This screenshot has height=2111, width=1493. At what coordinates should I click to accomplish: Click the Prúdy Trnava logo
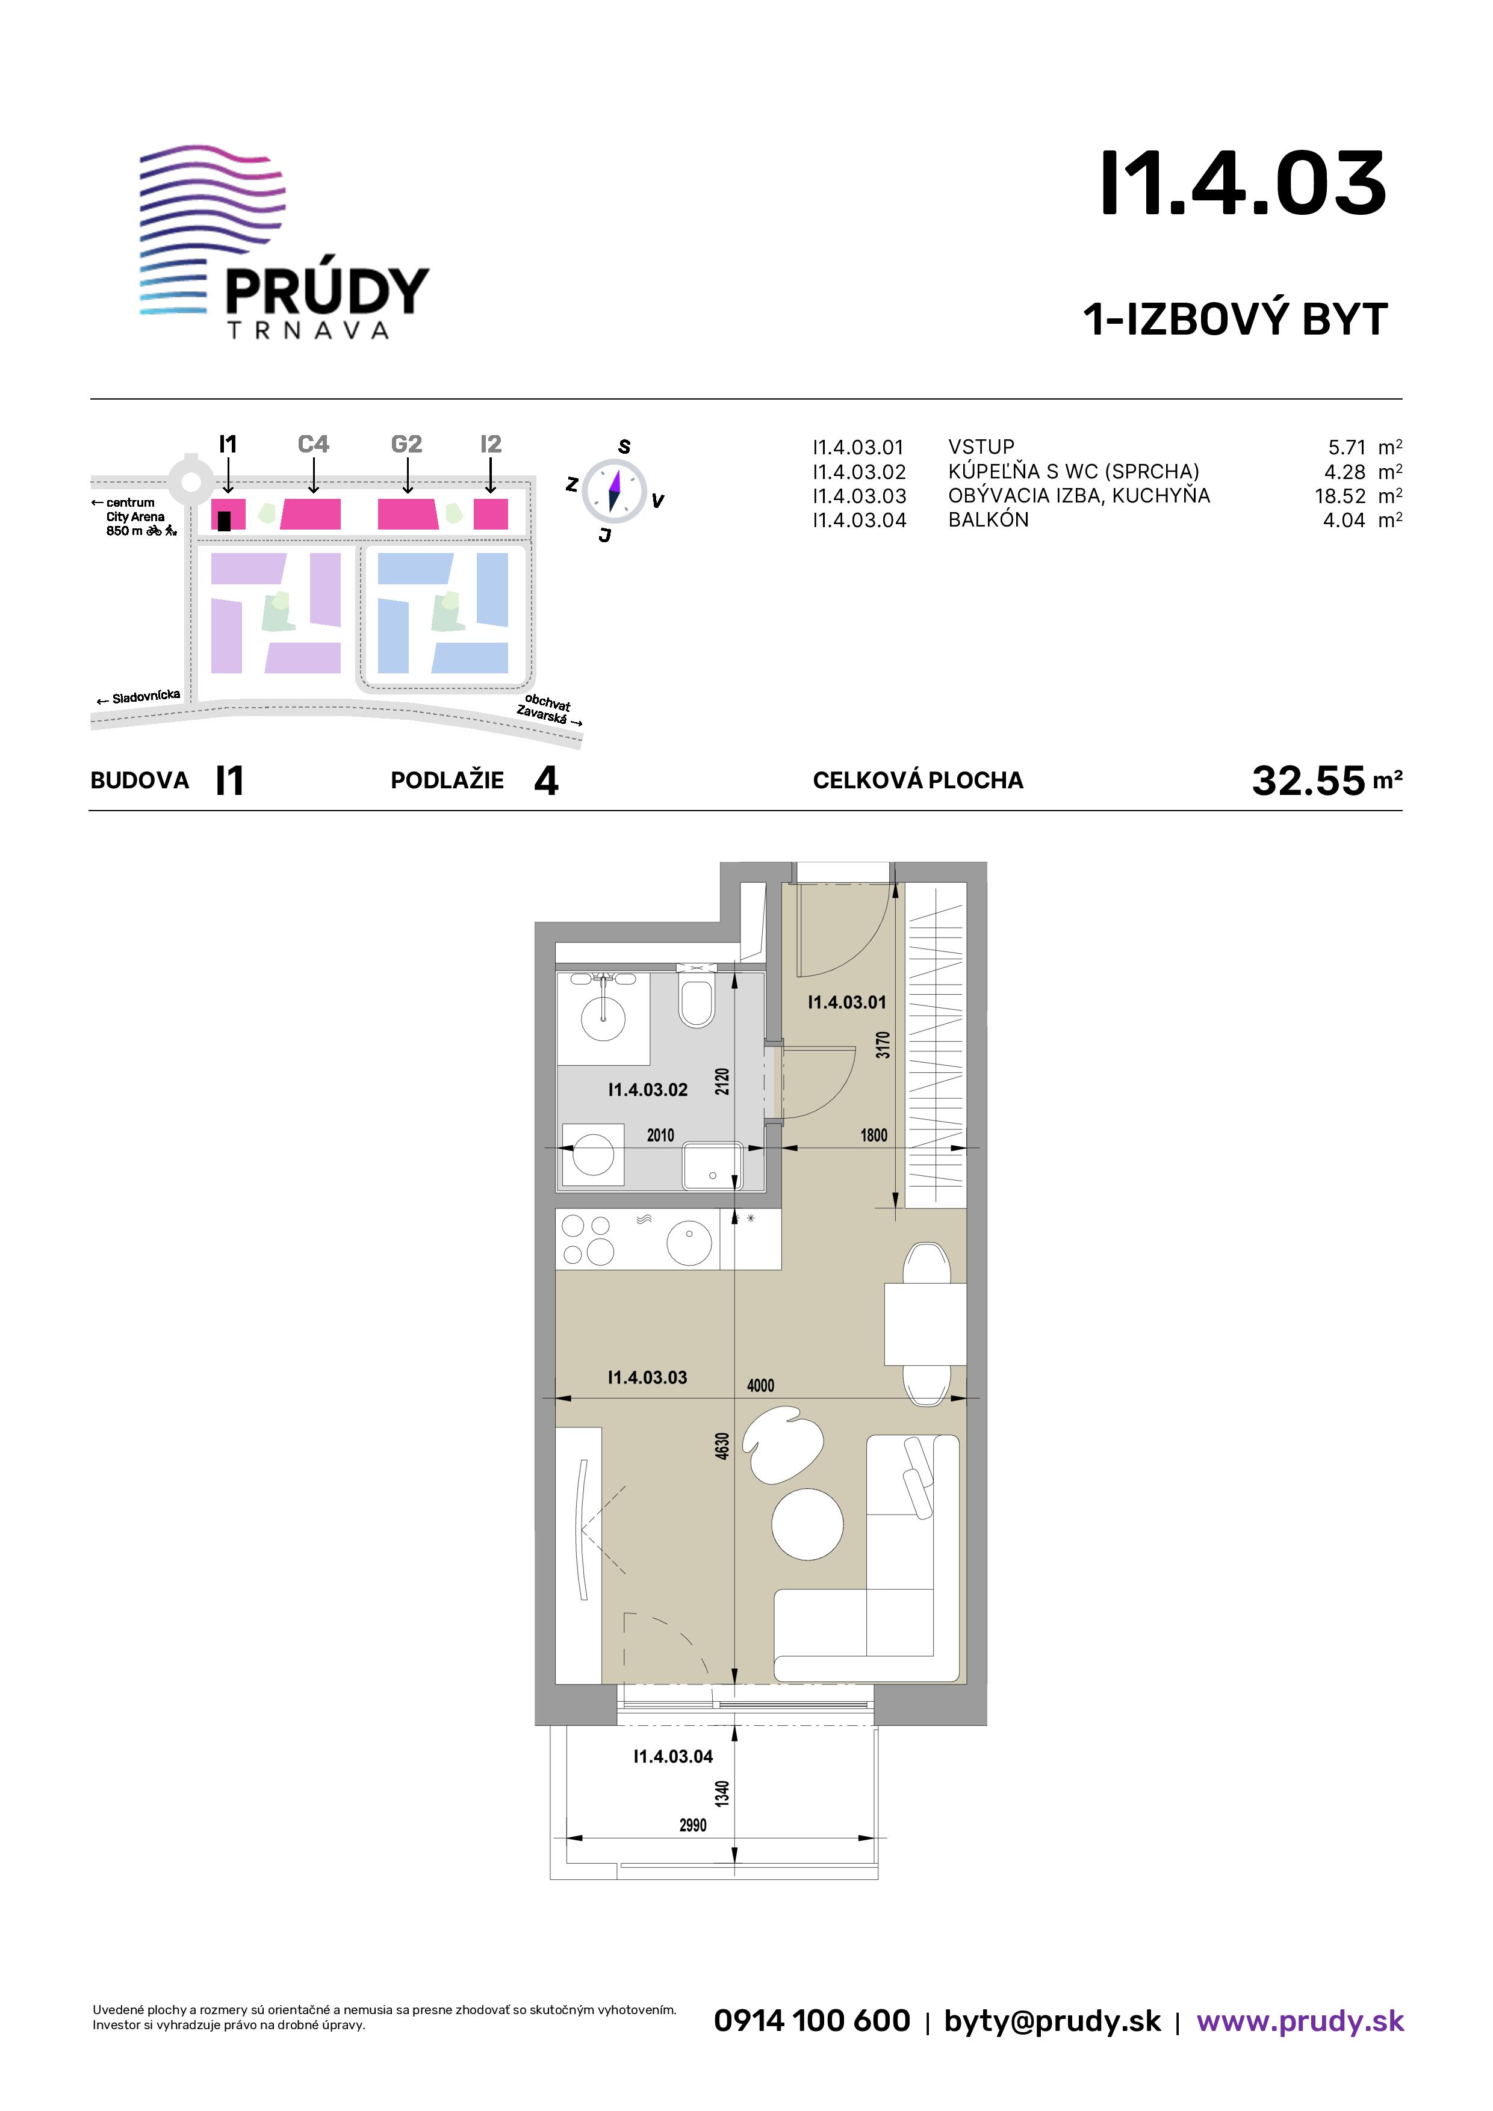tap(284, 243)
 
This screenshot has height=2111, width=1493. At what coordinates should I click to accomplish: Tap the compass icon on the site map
tap(613, 488)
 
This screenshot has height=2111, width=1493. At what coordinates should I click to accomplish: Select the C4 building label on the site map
tap(314, 444)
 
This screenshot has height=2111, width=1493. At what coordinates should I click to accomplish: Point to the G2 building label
tap(406, 444)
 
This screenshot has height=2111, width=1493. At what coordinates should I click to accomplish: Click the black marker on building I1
tap(225, 521)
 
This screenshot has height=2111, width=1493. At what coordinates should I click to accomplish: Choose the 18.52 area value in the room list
tap(1340, 496)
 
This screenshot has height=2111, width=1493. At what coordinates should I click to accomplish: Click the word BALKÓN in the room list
tap(988, 519)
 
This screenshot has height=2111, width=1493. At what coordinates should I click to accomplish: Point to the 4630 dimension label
tap(722, 1445)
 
